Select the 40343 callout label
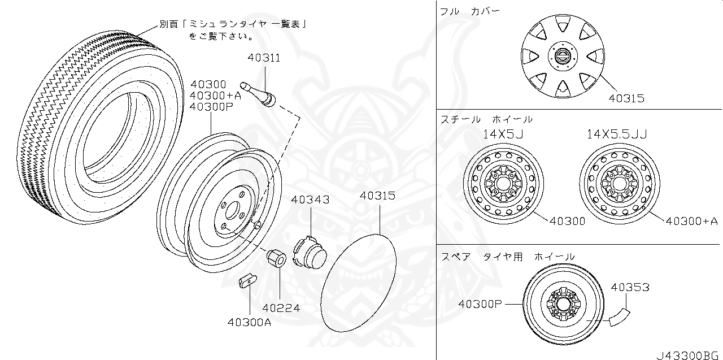pos(310,199)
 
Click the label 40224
pos(281,308)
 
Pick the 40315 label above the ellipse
pos(378,196)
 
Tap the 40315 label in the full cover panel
pos(626,98)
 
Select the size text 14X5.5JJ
pos(616,134)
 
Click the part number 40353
pos(630,288)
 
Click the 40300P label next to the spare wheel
pos(480,304)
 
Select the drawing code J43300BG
pos(689,355)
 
